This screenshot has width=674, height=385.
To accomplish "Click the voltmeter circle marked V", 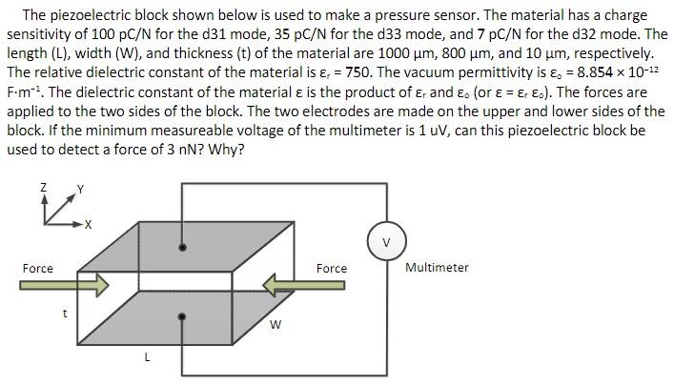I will [387, 241].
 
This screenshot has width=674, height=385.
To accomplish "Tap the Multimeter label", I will [437, 268].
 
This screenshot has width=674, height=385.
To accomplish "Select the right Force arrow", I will [304, 285].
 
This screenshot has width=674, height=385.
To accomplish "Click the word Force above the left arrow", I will [38, 269].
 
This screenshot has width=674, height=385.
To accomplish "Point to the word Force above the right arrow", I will [332, 269].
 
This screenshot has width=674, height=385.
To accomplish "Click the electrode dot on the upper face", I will [183, 247].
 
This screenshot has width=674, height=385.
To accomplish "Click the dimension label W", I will [275, 326].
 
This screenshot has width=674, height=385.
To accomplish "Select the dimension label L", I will [146, 357].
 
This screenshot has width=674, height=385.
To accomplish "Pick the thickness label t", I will [65, 311].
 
